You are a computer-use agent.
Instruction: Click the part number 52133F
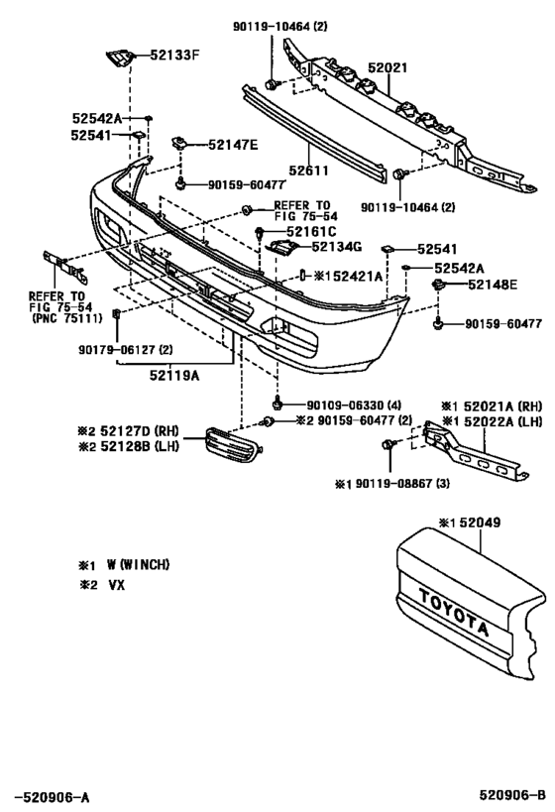[175, 56]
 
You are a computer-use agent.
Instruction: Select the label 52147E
[233, 145]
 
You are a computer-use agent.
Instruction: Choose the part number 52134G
[337, 247]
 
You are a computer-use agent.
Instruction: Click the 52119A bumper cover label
[175, 376]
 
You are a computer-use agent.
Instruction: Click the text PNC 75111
[65, 318]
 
